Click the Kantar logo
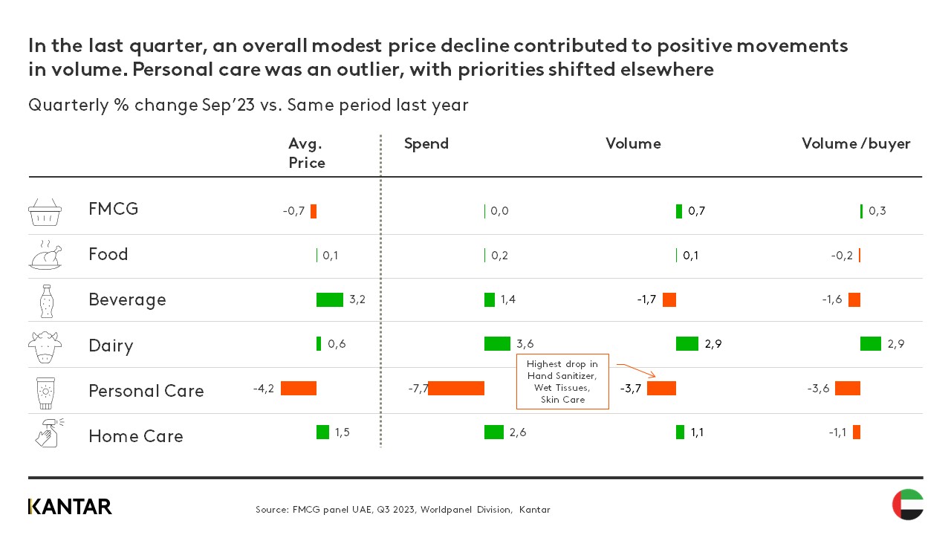click(70, 507)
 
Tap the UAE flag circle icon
click(907, 505)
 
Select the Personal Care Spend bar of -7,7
click(456, 388)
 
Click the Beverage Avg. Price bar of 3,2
click(329, 299)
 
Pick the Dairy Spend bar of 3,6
click(497, 343)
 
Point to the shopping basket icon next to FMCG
click(45, 212)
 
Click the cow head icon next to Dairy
click(45, 346)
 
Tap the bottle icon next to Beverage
click(45, 301)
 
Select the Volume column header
click(632, 143)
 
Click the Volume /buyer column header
click(855, 143)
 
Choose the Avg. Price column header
click(306, 153)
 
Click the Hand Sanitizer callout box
click(562, 382)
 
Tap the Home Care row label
click(135, 436)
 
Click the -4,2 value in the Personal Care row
click(264, 388)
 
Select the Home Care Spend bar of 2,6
click(493, 432)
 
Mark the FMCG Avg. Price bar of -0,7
click(314, 211)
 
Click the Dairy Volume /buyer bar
click(870, 343)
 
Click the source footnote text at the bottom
click(402, 510)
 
